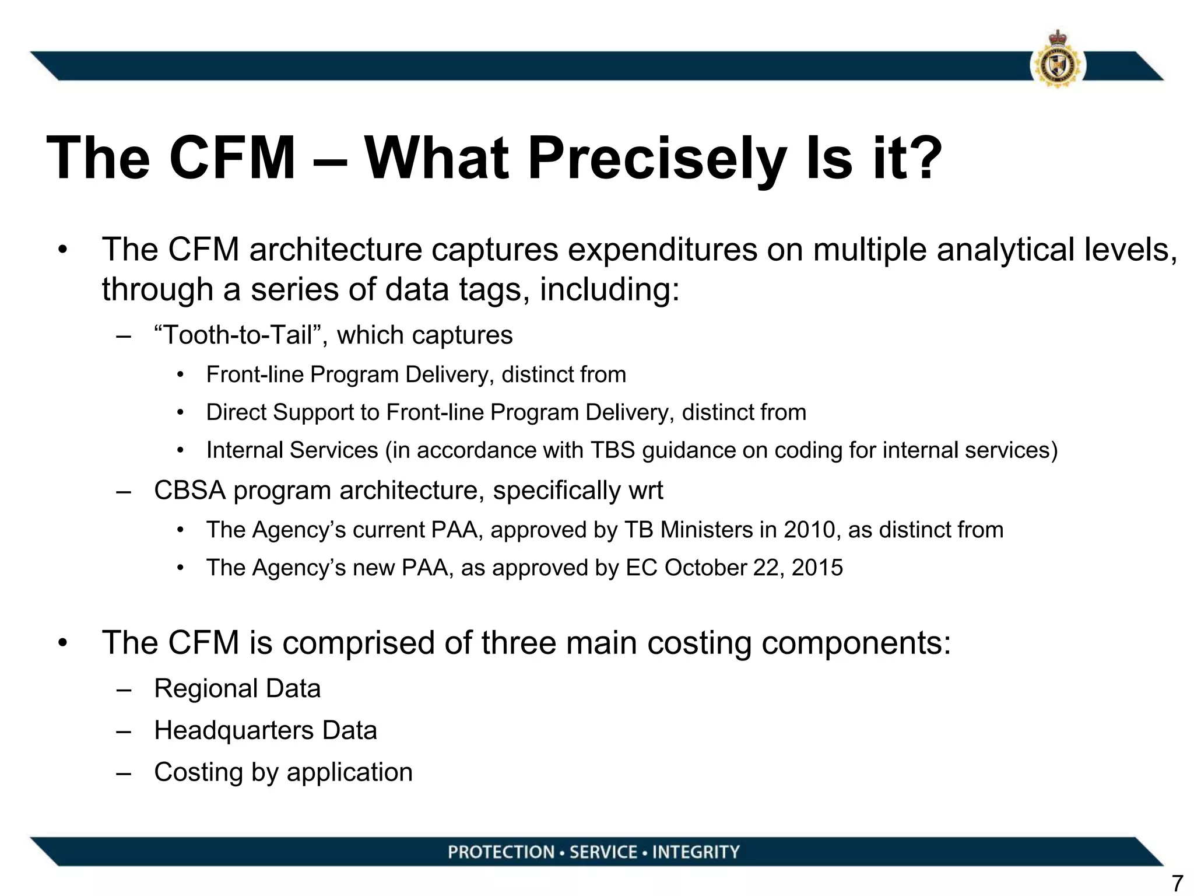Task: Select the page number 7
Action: pos(1177,883)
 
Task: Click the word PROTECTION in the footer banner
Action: pos(501,852)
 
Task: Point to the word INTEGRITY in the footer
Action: pos(696,852)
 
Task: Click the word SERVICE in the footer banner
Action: pos(603,852)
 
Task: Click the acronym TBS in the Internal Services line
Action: pos(613,450)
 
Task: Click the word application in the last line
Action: pos(349,772)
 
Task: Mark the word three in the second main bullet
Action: pos(519,643)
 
